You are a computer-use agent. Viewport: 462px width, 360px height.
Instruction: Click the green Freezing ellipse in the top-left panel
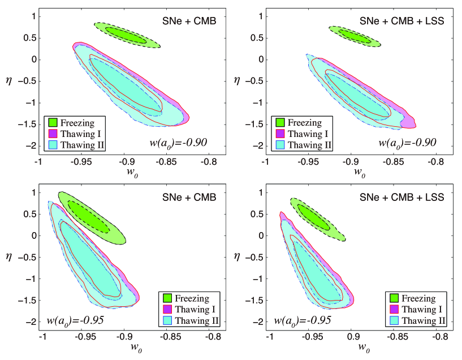[127, 35]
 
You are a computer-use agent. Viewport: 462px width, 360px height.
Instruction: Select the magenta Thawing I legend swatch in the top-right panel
[280, 134]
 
